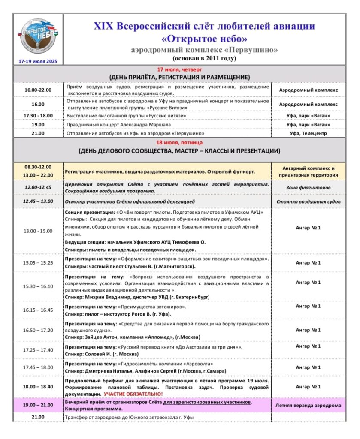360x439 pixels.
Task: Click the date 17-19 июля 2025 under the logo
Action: click(x=38, y=61)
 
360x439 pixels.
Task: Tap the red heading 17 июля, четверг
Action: click(x=180, y=69)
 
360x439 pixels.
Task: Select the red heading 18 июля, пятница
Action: click(x=180, y=142)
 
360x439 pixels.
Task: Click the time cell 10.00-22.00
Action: click(x=38, y=90)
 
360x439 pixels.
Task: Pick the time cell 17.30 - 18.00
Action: click(x=38, y=116)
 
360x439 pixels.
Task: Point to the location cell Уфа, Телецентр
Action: click(x=308, y=133)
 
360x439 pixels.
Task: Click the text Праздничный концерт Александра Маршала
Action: click(x=119, y=125)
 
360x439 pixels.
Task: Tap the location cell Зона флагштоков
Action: click(x=308, y=187)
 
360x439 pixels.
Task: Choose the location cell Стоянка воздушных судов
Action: click(x=308, y=201)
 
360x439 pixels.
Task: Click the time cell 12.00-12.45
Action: click(x=38, y=187)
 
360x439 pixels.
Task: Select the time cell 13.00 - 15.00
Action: click(x=38, y=231)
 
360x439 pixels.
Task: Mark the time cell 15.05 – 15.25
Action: click(x=38, y=262)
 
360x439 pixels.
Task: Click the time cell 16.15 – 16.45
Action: click(x=38, y=310)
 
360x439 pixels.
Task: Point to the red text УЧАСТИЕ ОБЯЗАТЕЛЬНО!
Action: click(x=133, y=394)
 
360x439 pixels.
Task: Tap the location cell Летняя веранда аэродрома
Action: click(x=308, y=405)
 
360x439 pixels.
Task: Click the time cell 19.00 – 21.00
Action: click(x=38, y=405)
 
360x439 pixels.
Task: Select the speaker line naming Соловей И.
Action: click(x=102, y=354)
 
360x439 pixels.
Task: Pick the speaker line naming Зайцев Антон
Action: click(x=133, y=337)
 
